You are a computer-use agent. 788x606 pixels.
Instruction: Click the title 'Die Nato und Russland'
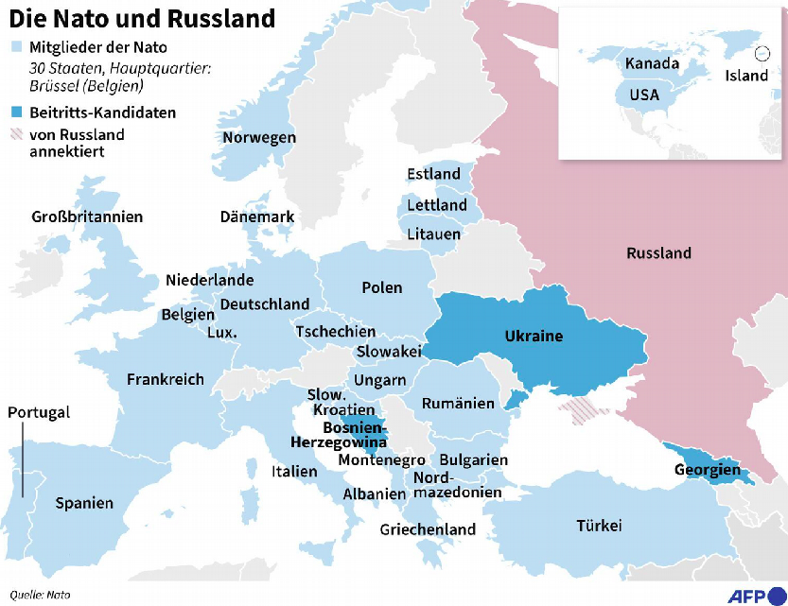(143, 18)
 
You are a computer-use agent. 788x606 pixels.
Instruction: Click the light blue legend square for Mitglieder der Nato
(15, 46)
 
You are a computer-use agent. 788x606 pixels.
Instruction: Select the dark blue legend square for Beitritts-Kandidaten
(15, 113)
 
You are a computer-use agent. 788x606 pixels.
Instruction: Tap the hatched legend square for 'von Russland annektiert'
(15, 135)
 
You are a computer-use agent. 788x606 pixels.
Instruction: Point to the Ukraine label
(534, 337)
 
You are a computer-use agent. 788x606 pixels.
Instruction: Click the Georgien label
(708, 470)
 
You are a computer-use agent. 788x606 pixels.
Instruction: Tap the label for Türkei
(599, 526)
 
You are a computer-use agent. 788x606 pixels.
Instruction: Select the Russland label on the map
(658, 253)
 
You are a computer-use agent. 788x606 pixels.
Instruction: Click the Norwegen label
(259, 138)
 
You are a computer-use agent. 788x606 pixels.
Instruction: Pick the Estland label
(433, 174)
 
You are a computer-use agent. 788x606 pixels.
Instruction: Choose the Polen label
(381, 287)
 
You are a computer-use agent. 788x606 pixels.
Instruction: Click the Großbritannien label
(87, 217)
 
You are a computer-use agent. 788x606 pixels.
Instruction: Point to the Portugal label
(39, 413)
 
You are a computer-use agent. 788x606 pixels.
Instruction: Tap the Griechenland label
(428, 529)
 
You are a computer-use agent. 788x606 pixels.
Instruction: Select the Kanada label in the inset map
(651, 64)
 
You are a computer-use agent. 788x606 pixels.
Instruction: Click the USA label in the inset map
(643, 95)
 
